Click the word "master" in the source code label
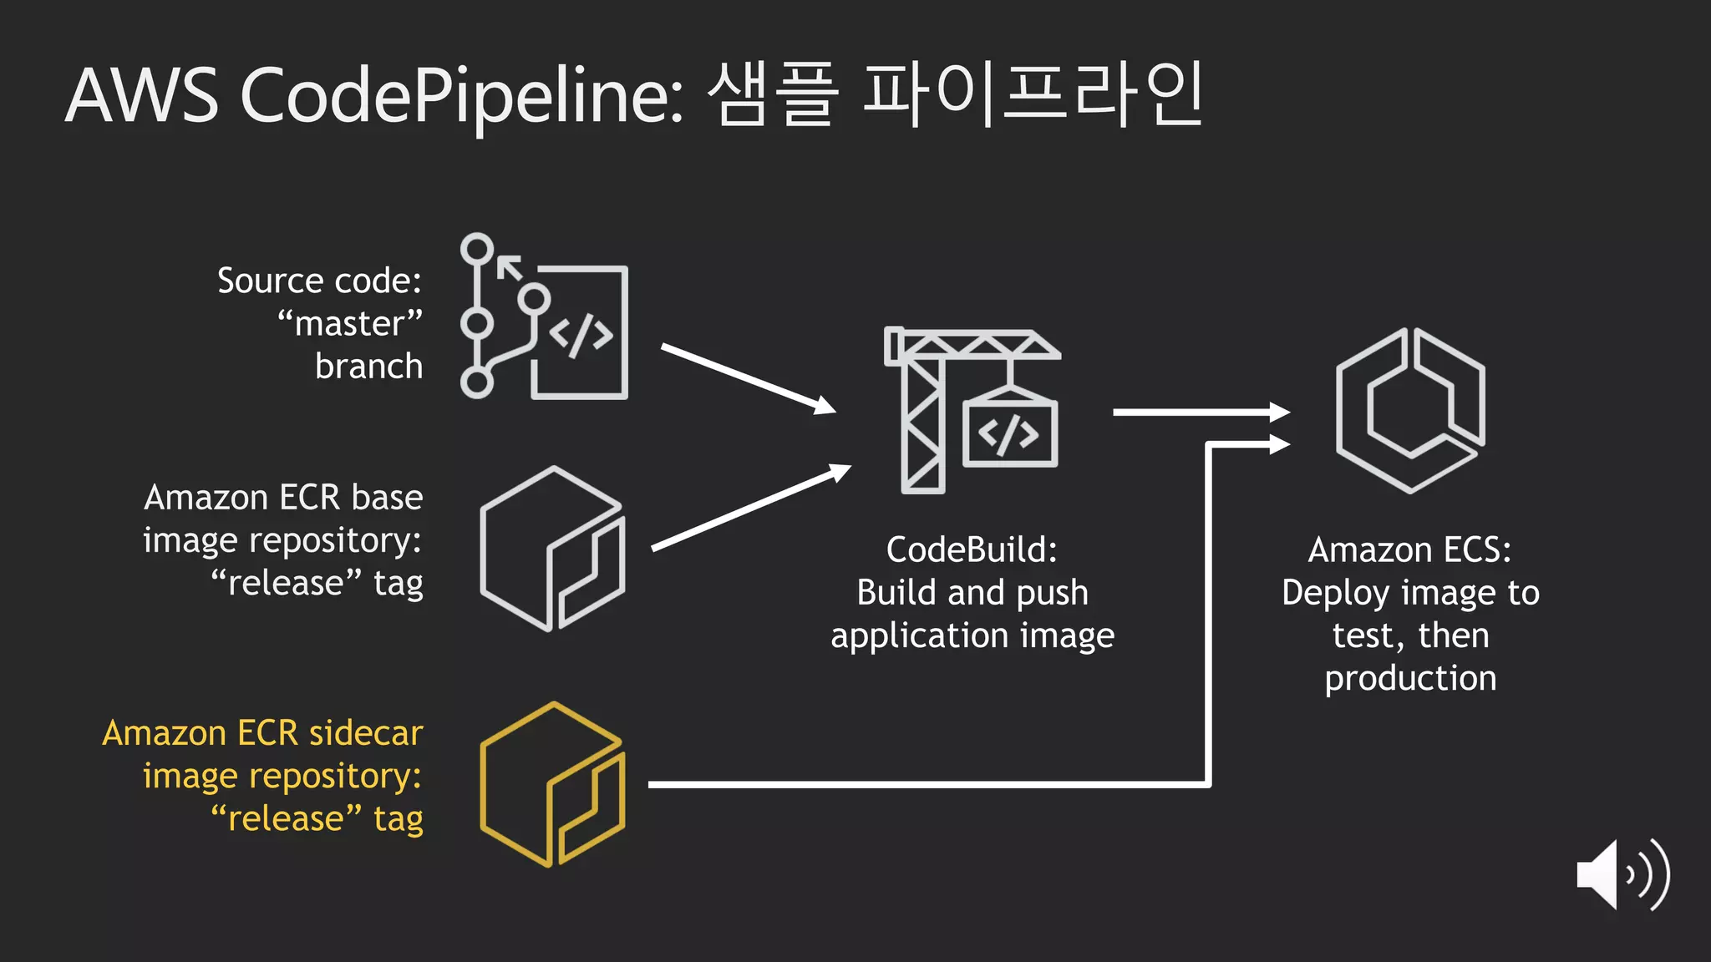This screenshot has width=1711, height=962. tap(350, 324)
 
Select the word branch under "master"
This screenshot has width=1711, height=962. tap(368, 367)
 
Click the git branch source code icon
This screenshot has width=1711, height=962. tap(544, 316)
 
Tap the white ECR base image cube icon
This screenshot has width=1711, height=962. tap(552, 549)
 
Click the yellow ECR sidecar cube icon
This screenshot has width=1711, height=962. tap(552, 784)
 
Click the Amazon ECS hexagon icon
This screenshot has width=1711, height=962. tap(1410, 410)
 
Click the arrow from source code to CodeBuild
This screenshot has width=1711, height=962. tap(748, 378)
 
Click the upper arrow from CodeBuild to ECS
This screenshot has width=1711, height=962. tap(1201, 412)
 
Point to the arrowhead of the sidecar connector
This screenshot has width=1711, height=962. tap(1279, 444)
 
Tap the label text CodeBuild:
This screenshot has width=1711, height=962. tap(972, 550)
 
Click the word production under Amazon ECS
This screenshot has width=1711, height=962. tap(1410, 678)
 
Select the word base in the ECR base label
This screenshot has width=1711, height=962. tap(387, 498)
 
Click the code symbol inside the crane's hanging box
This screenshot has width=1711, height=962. tap(1008, 434)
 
